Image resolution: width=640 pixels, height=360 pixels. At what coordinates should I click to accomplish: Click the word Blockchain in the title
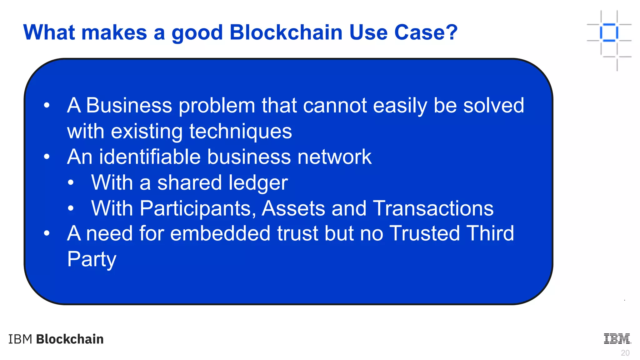pos(286,32)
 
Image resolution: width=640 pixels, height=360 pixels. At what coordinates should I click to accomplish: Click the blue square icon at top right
pos(609,32)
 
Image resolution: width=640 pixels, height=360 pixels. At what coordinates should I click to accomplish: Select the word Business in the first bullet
pos(129,105)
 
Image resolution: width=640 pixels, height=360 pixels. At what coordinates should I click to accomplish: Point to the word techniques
pos(241,131)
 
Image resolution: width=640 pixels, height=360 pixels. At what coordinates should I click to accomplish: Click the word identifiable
pos(150,157)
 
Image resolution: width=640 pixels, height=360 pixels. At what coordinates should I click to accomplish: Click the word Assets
pos(293,208)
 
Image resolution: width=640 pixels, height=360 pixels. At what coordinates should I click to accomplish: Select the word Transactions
pos(433,208)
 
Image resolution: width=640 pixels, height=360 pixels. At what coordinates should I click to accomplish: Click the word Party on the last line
pos(92,259)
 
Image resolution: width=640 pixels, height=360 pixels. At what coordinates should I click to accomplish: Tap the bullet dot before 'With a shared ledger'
pos(71,182)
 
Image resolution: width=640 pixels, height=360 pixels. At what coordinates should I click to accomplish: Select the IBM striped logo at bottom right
pos(617,339)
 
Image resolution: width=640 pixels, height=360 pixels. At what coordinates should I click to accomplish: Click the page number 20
pos(625,353)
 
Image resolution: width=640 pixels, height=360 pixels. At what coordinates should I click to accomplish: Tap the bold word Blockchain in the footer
pos(70,339)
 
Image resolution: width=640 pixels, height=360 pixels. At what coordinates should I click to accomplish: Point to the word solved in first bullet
pos(493,105)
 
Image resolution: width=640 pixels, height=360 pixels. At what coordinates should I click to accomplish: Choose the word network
pos(334,157)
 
